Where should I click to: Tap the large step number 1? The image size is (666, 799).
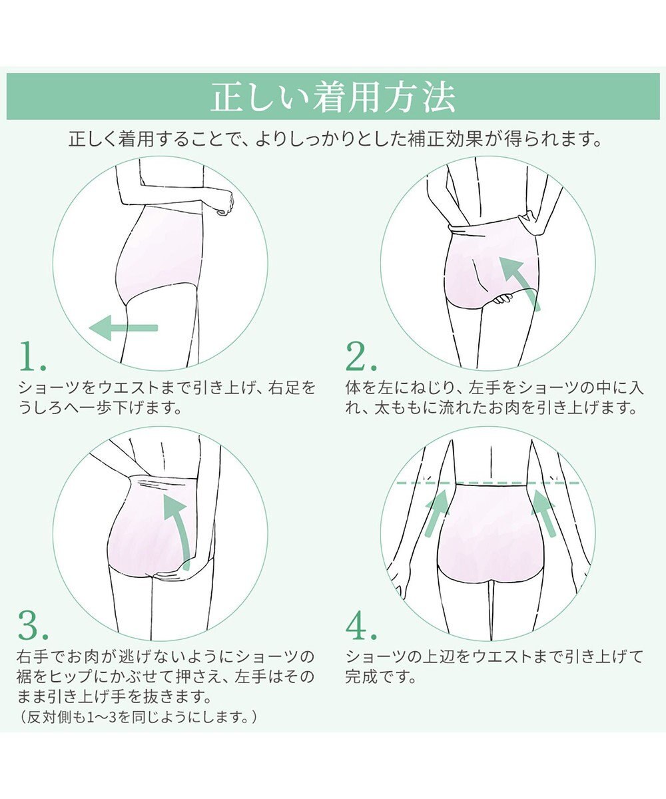(32, 356)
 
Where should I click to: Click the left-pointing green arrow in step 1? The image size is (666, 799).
(123, 328)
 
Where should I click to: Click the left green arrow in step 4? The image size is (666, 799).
(437, 513)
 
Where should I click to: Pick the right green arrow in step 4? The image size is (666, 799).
(543, 513)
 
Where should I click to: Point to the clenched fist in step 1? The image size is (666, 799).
(225, 203)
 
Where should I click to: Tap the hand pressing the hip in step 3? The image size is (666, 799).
(168, 576)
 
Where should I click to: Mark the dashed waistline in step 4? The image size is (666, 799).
(488, 483)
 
